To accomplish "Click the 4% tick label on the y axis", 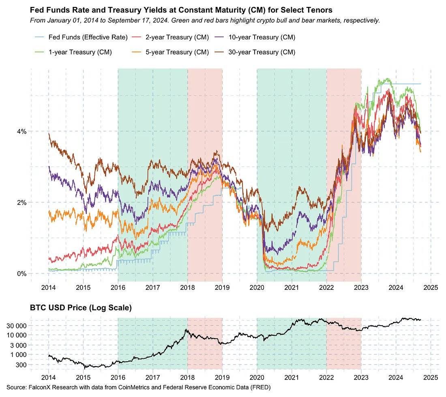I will [21, 131].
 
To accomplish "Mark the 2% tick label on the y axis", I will [21, 203].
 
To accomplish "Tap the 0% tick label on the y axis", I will [21, 274].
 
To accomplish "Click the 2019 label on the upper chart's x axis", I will [222, 288].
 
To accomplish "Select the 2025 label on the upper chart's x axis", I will [431, 288].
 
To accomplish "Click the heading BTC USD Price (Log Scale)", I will [81, 308].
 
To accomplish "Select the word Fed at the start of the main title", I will [36, 9].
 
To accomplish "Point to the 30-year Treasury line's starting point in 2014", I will [49, 134].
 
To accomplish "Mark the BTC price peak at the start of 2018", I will [186, 330].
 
